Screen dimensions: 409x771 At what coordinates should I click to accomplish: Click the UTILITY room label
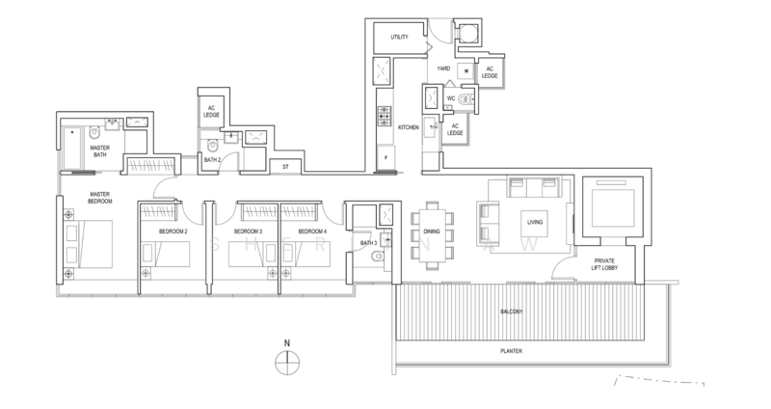pyautogui.click(x=400, y=38)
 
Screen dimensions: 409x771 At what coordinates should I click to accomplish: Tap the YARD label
pyautogui.click(x=444, y=68)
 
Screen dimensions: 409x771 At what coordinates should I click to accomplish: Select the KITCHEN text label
pyautogui.click(x=409, y=126)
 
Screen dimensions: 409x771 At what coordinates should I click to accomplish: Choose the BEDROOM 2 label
pyautogui.click(x=173, y=232)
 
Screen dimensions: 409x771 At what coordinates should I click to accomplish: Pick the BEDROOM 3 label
pyautogui.click(x=248, y=232)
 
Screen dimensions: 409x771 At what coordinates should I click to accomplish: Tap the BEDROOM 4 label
pyautogui.click(x=312, y=232)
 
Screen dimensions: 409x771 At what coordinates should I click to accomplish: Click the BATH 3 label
pyautogui.click(x=367, y=243)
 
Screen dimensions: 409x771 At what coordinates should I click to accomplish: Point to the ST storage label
pyautogui.click(x=285, y=167)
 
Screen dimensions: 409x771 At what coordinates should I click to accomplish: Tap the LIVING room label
pyautogui.click(x=535, y=221)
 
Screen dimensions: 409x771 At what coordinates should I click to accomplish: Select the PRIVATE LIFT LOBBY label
pyautogui.click(x=606, y=264)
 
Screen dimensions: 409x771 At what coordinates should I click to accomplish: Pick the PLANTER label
pyautogui.click(x=512, y=352)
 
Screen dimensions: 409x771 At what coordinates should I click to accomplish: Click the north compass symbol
pyautogui.click(x=286, y=363)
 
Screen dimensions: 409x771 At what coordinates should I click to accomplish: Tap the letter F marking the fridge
pyautogui.click(x=385, y=156)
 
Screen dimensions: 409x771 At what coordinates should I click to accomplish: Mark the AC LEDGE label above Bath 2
pyautogui.click(x=211, y=111)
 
